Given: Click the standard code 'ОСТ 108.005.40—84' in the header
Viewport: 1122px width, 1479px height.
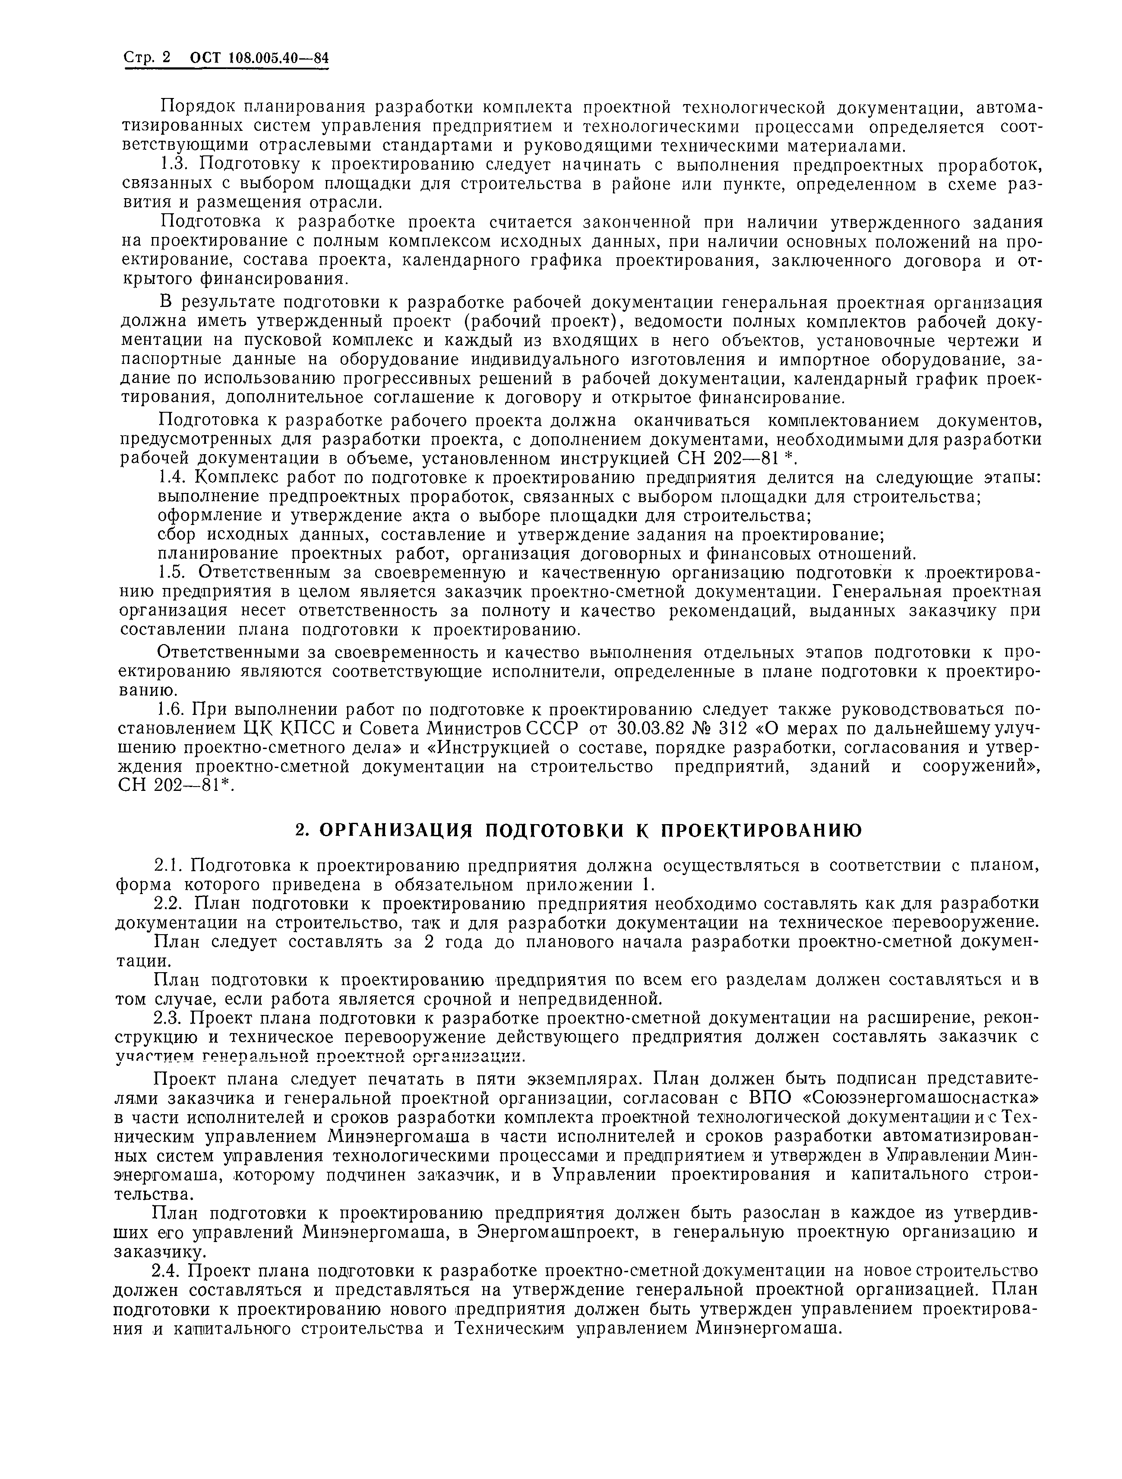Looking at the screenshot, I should coord(260,60).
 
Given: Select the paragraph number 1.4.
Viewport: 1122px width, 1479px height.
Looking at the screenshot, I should coord(176,478).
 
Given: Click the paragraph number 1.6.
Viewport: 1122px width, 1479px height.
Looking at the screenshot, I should coord(176,709).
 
